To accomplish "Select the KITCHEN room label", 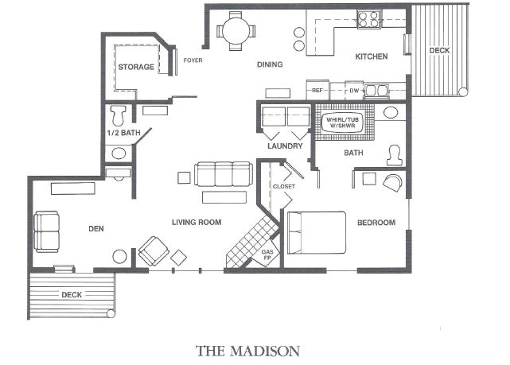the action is pyautogui.click(x=371, y=56).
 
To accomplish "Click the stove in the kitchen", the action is pyautogui.click(x=368, y=19).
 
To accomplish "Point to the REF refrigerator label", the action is pyautogui.click(x=317, y=90).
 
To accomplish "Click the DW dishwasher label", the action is pyautogui.click(x=355, y=90).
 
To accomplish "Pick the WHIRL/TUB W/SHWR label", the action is pyautogui.click(x=341, y=122).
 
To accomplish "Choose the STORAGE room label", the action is pyautogui.click(x=136, y=67).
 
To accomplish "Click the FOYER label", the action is pyautogui.click(x=193, y=60).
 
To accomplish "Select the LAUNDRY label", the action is pyautogui.click(x=285, y=146).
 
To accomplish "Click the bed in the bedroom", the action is pyautogui.click(x=316, y=231).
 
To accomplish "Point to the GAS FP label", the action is pyautogui.click(x=268, y=256).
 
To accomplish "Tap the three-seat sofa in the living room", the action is pyautogui.click(x=224, y=174).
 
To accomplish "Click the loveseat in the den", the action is pyautogui.click(x=47, y=231).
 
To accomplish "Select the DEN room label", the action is pyautogui.click(x=96, y=229).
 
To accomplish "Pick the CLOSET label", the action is pyautogui.click(x=283, y=187).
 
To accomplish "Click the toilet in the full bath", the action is pyautogui.click(x=393, y=157).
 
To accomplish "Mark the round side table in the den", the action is pyautogui.click(x=120, y=257).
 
